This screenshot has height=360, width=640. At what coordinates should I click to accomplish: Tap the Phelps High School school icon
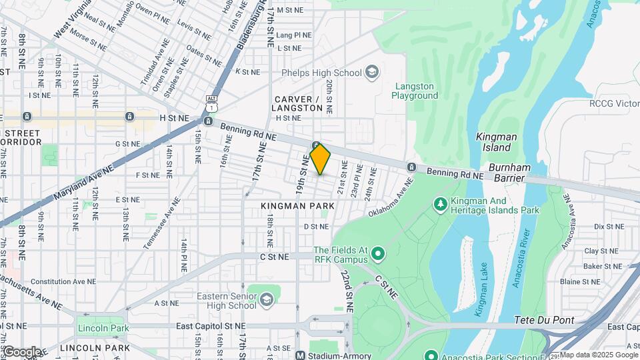coord(372,73)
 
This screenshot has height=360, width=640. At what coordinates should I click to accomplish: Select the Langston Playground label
coord(415,91)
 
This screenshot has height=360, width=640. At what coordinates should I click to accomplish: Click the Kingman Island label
coord(497,141)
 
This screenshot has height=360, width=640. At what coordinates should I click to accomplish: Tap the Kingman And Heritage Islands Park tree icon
coord(439,202)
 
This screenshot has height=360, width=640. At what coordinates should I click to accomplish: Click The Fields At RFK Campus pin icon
coord(378,253)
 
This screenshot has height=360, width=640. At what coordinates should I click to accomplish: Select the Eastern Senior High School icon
coord(267,299)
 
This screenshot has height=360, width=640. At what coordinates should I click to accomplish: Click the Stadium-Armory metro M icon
coord(300,355)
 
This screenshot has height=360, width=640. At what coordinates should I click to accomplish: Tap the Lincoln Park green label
coord(103,328)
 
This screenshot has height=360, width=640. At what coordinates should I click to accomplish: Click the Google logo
coord(21,351)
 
